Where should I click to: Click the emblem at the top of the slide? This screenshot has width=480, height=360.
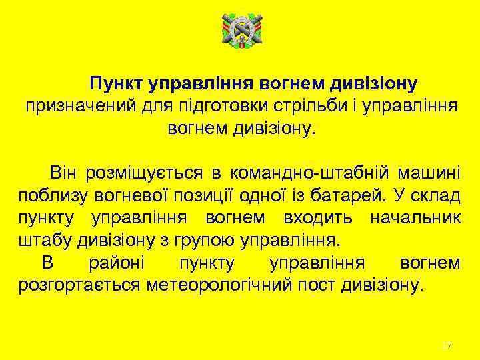[x=241, y=34]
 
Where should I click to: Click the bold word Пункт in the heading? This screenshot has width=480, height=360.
[x=118, y=83]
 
